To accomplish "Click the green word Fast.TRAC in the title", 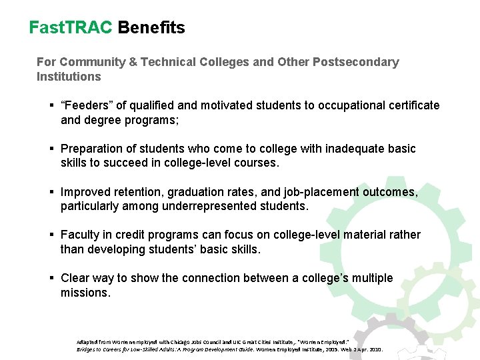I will [71, 27].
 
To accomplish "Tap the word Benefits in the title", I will [151, 27].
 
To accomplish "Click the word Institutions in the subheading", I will [69, 77].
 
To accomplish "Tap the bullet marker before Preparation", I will [51, 149].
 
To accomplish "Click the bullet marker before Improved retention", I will [51, 192].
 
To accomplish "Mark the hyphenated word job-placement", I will [319, 192].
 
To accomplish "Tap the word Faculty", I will [81, 235].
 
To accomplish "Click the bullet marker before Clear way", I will [51, 278].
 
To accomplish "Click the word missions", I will [85, 293].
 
